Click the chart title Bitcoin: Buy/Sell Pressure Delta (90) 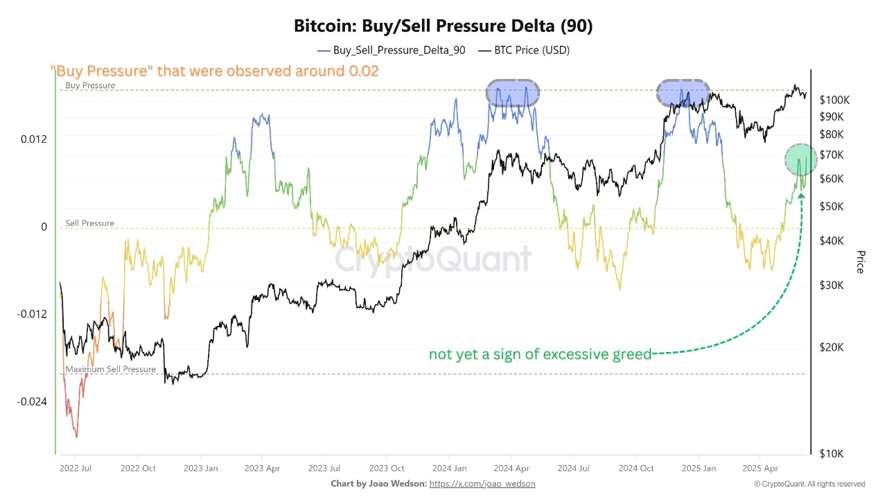(443, 26)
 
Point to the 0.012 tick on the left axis (34, 139)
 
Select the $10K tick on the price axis (832, 454)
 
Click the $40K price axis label (832, 240)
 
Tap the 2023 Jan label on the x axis (201, 469)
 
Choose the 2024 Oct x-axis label (636, 469)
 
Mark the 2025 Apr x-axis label (760, 469)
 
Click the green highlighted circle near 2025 (800, 159)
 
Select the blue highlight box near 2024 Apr (513, 92)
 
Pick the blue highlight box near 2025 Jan (683, 92)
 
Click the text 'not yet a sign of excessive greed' (540, 355)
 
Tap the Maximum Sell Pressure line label (111, 369)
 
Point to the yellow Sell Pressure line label (90, 223)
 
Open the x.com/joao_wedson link (482, 484)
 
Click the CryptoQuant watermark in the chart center (433, 260)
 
